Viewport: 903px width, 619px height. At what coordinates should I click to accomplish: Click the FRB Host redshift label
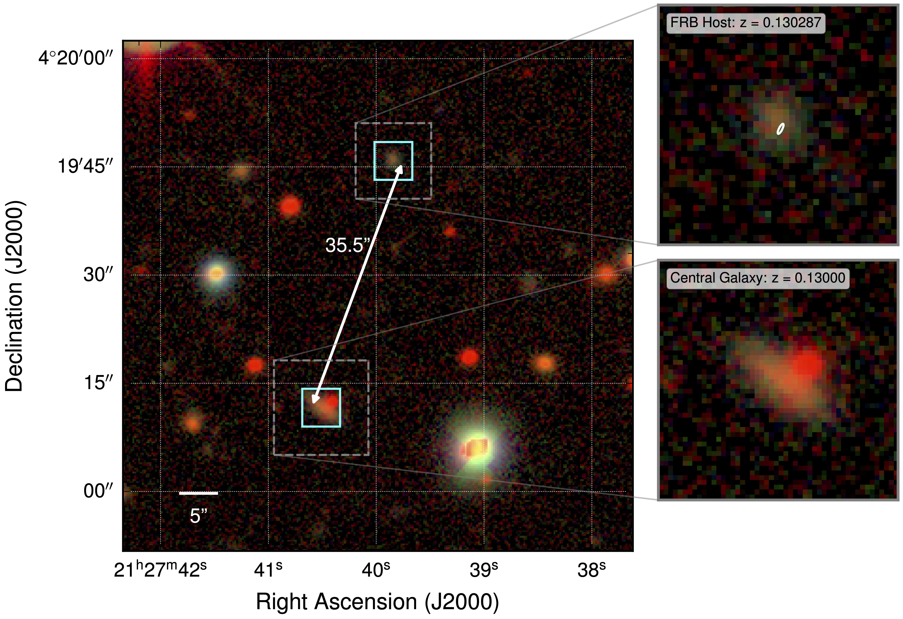[745, 23]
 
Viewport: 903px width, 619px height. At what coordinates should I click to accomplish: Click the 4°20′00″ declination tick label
[76, 58]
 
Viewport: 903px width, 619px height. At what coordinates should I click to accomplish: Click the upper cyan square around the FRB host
[393, 142]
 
